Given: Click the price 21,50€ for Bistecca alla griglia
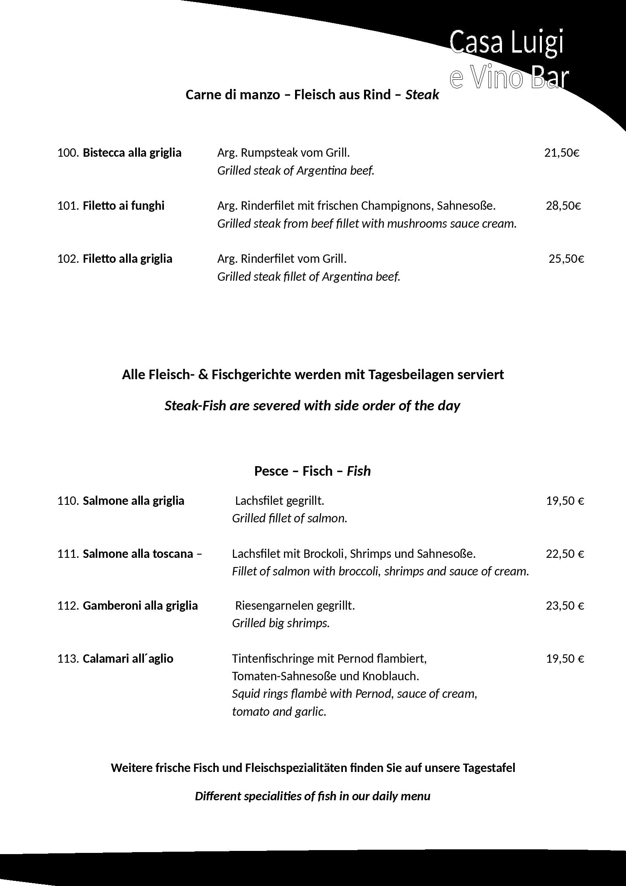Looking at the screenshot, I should point(561,153).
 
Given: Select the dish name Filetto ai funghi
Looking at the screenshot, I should point(123,206).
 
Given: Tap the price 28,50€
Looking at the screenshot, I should point(563,206).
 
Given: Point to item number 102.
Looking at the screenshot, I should point(68,259).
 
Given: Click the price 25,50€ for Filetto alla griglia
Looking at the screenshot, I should point(566,259).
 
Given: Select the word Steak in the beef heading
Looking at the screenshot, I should point(422,95).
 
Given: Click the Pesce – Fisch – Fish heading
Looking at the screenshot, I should point(313,471).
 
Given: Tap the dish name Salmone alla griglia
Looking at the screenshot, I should point(133,501).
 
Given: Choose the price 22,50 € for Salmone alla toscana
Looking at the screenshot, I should point(565,554).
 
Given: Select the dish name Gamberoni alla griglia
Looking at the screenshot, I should point(140,606).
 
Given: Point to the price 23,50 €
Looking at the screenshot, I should point(565,606).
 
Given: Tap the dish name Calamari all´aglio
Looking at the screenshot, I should point(128,659).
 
